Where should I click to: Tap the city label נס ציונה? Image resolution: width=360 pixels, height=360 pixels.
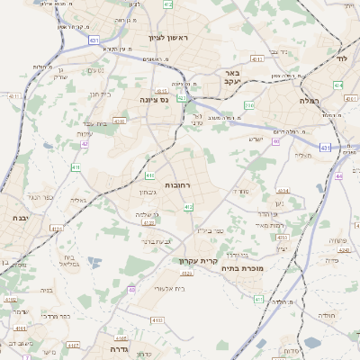point(154,101)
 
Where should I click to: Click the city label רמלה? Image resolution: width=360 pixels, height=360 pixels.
point(313,102)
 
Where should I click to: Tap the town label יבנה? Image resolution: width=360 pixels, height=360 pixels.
point(19,218)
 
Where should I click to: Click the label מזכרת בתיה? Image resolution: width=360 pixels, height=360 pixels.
point(242,266)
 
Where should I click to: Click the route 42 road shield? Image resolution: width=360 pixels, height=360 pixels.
point(84,143)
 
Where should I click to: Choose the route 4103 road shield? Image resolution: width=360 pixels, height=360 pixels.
point(157,319)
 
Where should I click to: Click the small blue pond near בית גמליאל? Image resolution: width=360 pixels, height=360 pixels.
point(94,262)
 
